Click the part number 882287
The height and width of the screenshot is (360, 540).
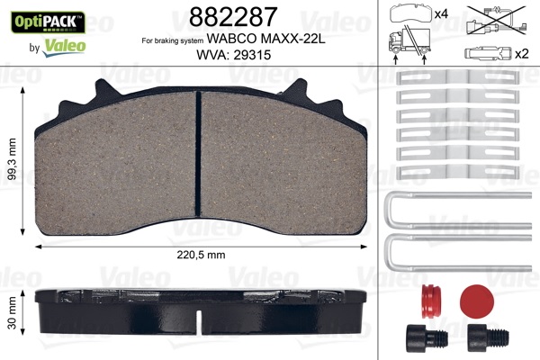(x=229, y=15)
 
